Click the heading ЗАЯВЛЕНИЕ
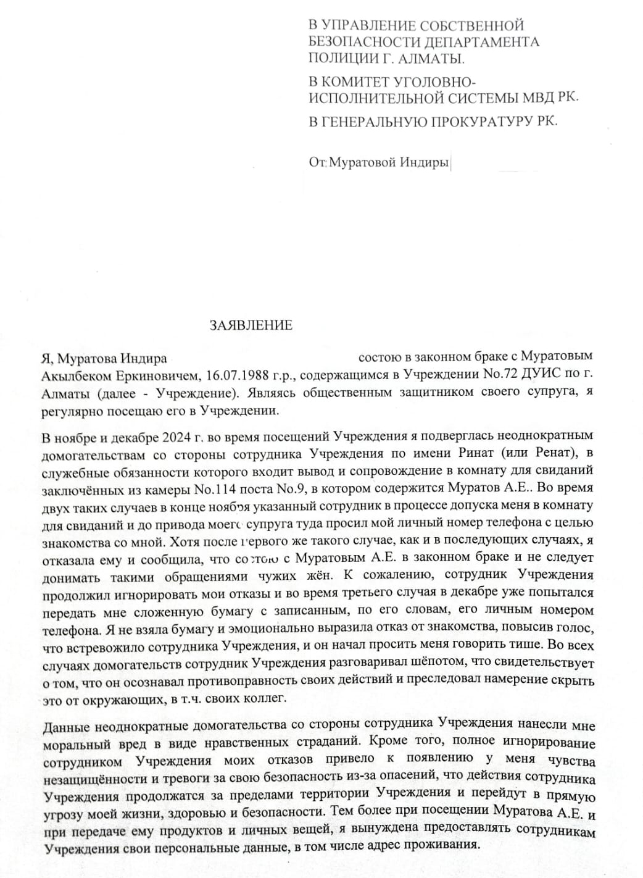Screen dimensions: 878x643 click(251, 325)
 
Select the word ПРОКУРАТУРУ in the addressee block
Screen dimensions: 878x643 click(476, 121)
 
